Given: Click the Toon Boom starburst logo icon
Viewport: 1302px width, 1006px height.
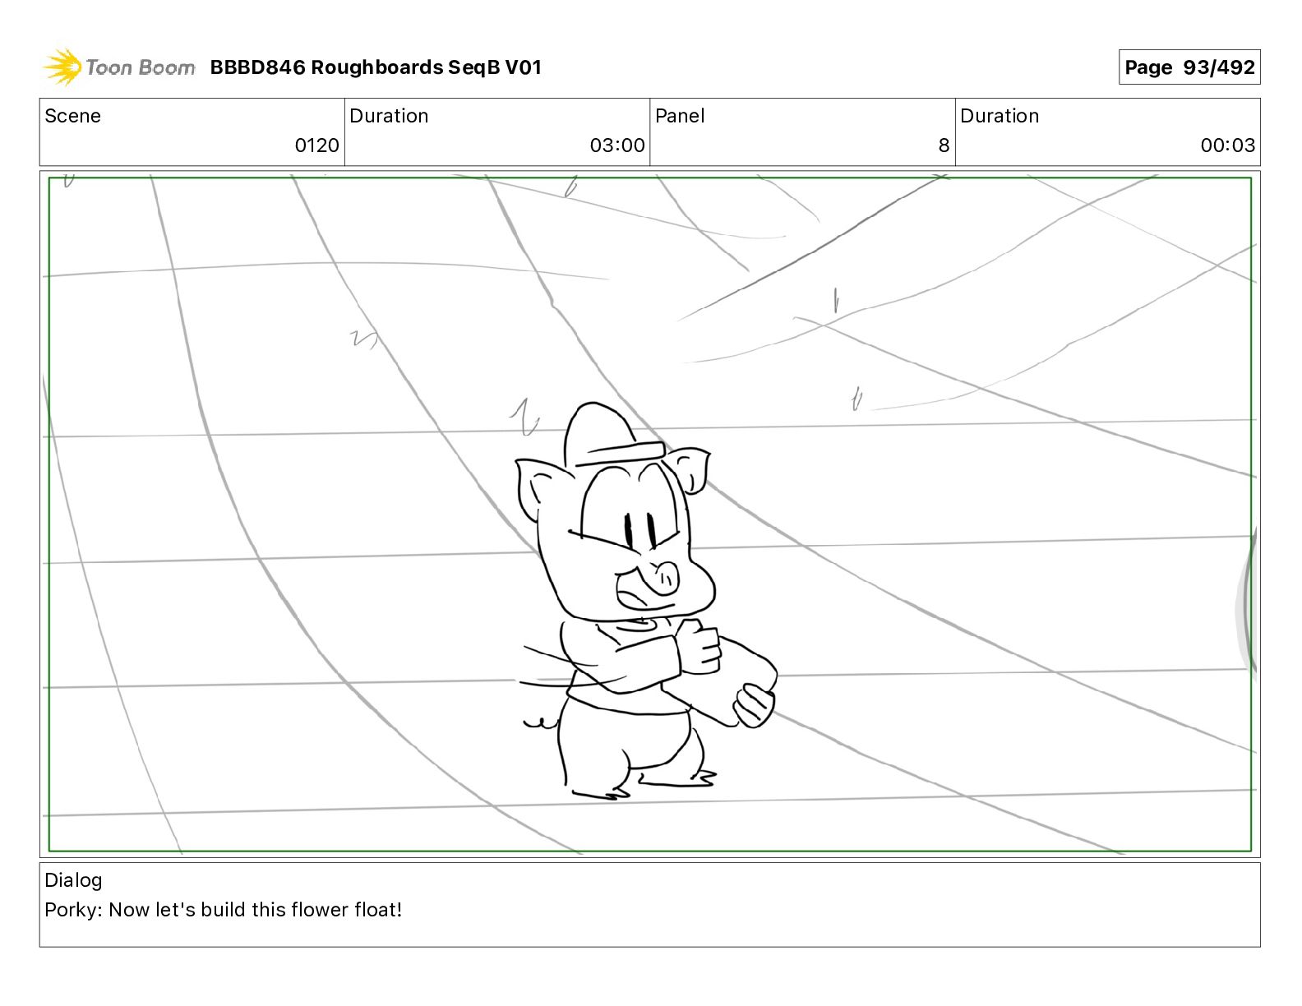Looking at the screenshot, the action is click(x=62, y=67).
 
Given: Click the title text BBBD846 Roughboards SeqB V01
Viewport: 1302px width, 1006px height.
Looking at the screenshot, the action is click(x=376, y=67).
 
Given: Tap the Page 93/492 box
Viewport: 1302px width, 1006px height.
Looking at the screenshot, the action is click(x=1189, y=67).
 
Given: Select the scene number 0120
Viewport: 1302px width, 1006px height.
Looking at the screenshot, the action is click(x=316, y=145).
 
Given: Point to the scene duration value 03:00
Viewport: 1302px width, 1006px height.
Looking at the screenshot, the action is click(x=616, y=145).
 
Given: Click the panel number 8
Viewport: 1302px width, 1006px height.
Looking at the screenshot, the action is click(x=944, y=145).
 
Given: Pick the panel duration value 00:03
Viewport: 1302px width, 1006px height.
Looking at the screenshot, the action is click(x=1227, y=145).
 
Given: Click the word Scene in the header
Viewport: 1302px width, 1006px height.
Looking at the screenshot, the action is click(x=72, y=116).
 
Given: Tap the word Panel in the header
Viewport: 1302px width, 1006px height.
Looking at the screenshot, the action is click(x=680, y=116).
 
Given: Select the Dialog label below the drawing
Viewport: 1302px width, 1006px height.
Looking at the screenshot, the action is click(x=73, y=880).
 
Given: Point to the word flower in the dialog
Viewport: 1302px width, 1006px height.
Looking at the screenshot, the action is click(x=318, y=910).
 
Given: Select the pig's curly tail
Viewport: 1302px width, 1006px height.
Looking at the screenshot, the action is click(x=539, y=723).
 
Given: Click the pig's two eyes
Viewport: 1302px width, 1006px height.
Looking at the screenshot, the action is click(x=639, y=531).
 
